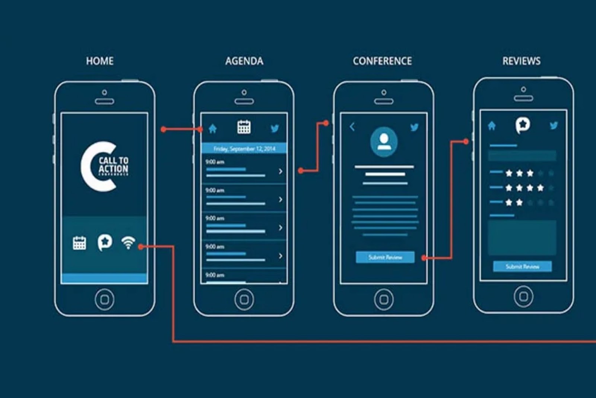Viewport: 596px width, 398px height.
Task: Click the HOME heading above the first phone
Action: point(100,61)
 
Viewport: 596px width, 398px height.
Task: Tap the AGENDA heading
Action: point(244,61)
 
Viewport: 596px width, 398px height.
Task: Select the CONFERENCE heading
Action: point(382,61)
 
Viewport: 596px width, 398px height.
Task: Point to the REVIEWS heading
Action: point(521,61)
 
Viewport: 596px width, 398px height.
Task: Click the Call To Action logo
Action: point(105,166)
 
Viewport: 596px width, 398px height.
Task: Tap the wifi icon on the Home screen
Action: point(128,242)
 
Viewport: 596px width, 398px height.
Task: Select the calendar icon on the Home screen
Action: point(79,243)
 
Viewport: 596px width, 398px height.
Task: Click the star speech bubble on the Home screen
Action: point(105,242)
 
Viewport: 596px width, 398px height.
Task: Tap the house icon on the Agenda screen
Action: point(213,129)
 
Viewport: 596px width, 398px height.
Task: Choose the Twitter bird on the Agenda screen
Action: point(275,128)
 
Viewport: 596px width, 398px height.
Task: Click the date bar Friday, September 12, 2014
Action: point(244,149)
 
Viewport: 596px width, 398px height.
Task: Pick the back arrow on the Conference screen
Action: point(352,127)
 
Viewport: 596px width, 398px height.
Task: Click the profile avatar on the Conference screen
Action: point(384,141)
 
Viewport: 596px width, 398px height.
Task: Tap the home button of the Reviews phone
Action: point(523,296)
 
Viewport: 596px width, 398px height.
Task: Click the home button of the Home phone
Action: point(105,299)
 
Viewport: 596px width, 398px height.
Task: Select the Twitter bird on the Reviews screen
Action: point(554,125)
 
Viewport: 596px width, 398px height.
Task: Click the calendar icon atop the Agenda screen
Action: point(244,127)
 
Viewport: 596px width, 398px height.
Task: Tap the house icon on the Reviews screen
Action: point(492,126)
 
